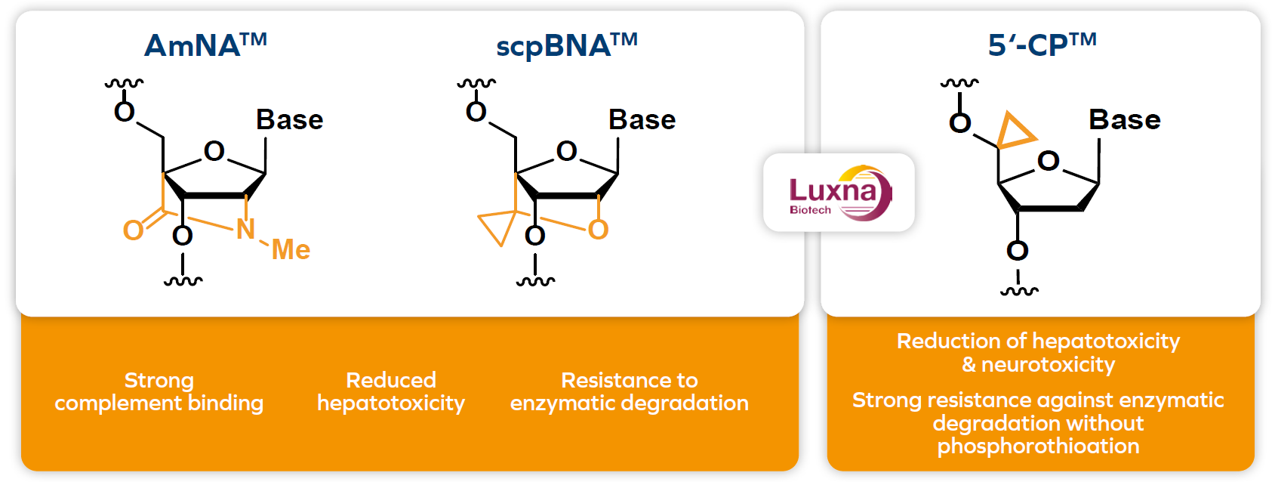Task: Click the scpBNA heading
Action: click(x=566, y=45)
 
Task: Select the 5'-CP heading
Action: click(x=1042, y=45)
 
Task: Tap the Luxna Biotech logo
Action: click(x=839, y=193)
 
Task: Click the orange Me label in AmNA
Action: click(x=291, y=249)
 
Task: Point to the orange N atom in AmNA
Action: click(x=245, y=229)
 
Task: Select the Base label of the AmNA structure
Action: click(x=289, y=119)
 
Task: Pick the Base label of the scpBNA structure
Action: click(x=642, y=119)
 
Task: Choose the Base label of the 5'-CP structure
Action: click(x=1124, y=119)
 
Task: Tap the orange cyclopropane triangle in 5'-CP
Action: click(x=1013, y=132)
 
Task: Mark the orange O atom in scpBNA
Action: click(x=598, y=230)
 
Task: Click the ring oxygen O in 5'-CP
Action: click(x=1048, y=161)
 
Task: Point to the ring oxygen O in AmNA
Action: click(x=214, y=151)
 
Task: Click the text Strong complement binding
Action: click(x=159, y=391)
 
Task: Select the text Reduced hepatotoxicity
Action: click(x=390, y=391)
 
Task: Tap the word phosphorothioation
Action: click(x=1038, y=446)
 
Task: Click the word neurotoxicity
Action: click(x=1048, y=365)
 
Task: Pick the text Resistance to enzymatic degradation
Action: click(x=629, y=391)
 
